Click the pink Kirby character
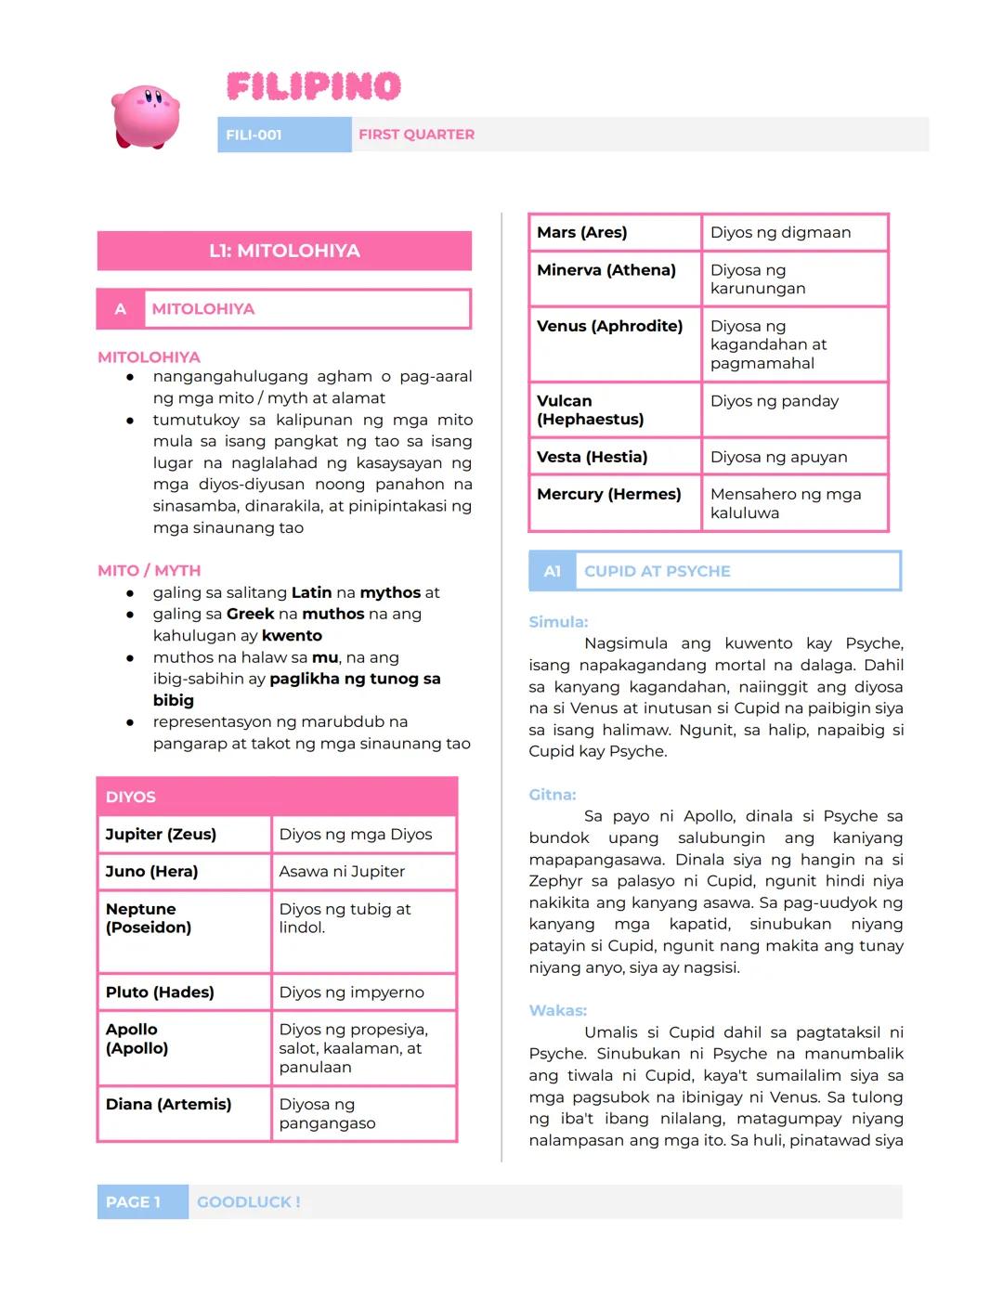pyautogui.click(x=146, y=116)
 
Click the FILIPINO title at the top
pyautogui.click(x=314, y=87)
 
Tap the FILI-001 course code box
pyautogui.click(x=283, y=135)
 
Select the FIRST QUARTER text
pyautogui.click(x=416, y=135)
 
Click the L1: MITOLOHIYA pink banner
pyautogui.click(x=284, y=251)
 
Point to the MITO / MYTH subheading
pyautogui.click(x=149, y=570)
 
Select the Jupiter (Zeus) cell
pyautogui.click(x=184, y=834)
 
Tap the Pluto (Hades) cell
pyautogui.click(x=184, y=992)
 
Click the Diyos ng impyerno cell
pyautogui.click(x=363, y=992)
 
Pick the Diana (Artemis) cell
pyautogui.click(x=184, y=1113)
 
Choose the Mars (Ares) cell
pyautogui.click(x=614, y=232)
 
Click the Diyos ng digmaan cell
pyautogui.click(x=794, y=232)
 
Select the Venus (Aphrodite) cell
pyautogui.click(x=614, y=344)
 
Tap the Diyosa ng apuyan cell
pyautogui.click(x=794, y=457)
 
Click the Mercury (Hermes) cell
pyautogui.click(x=614, y=503)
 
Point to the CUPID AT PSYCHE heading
pyautogui.click(x=658, y=571)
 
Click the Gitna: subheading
pyautogui.click(x=553, y=795)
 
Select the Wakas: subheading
pyautogui.click(x=558, y=1010)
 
